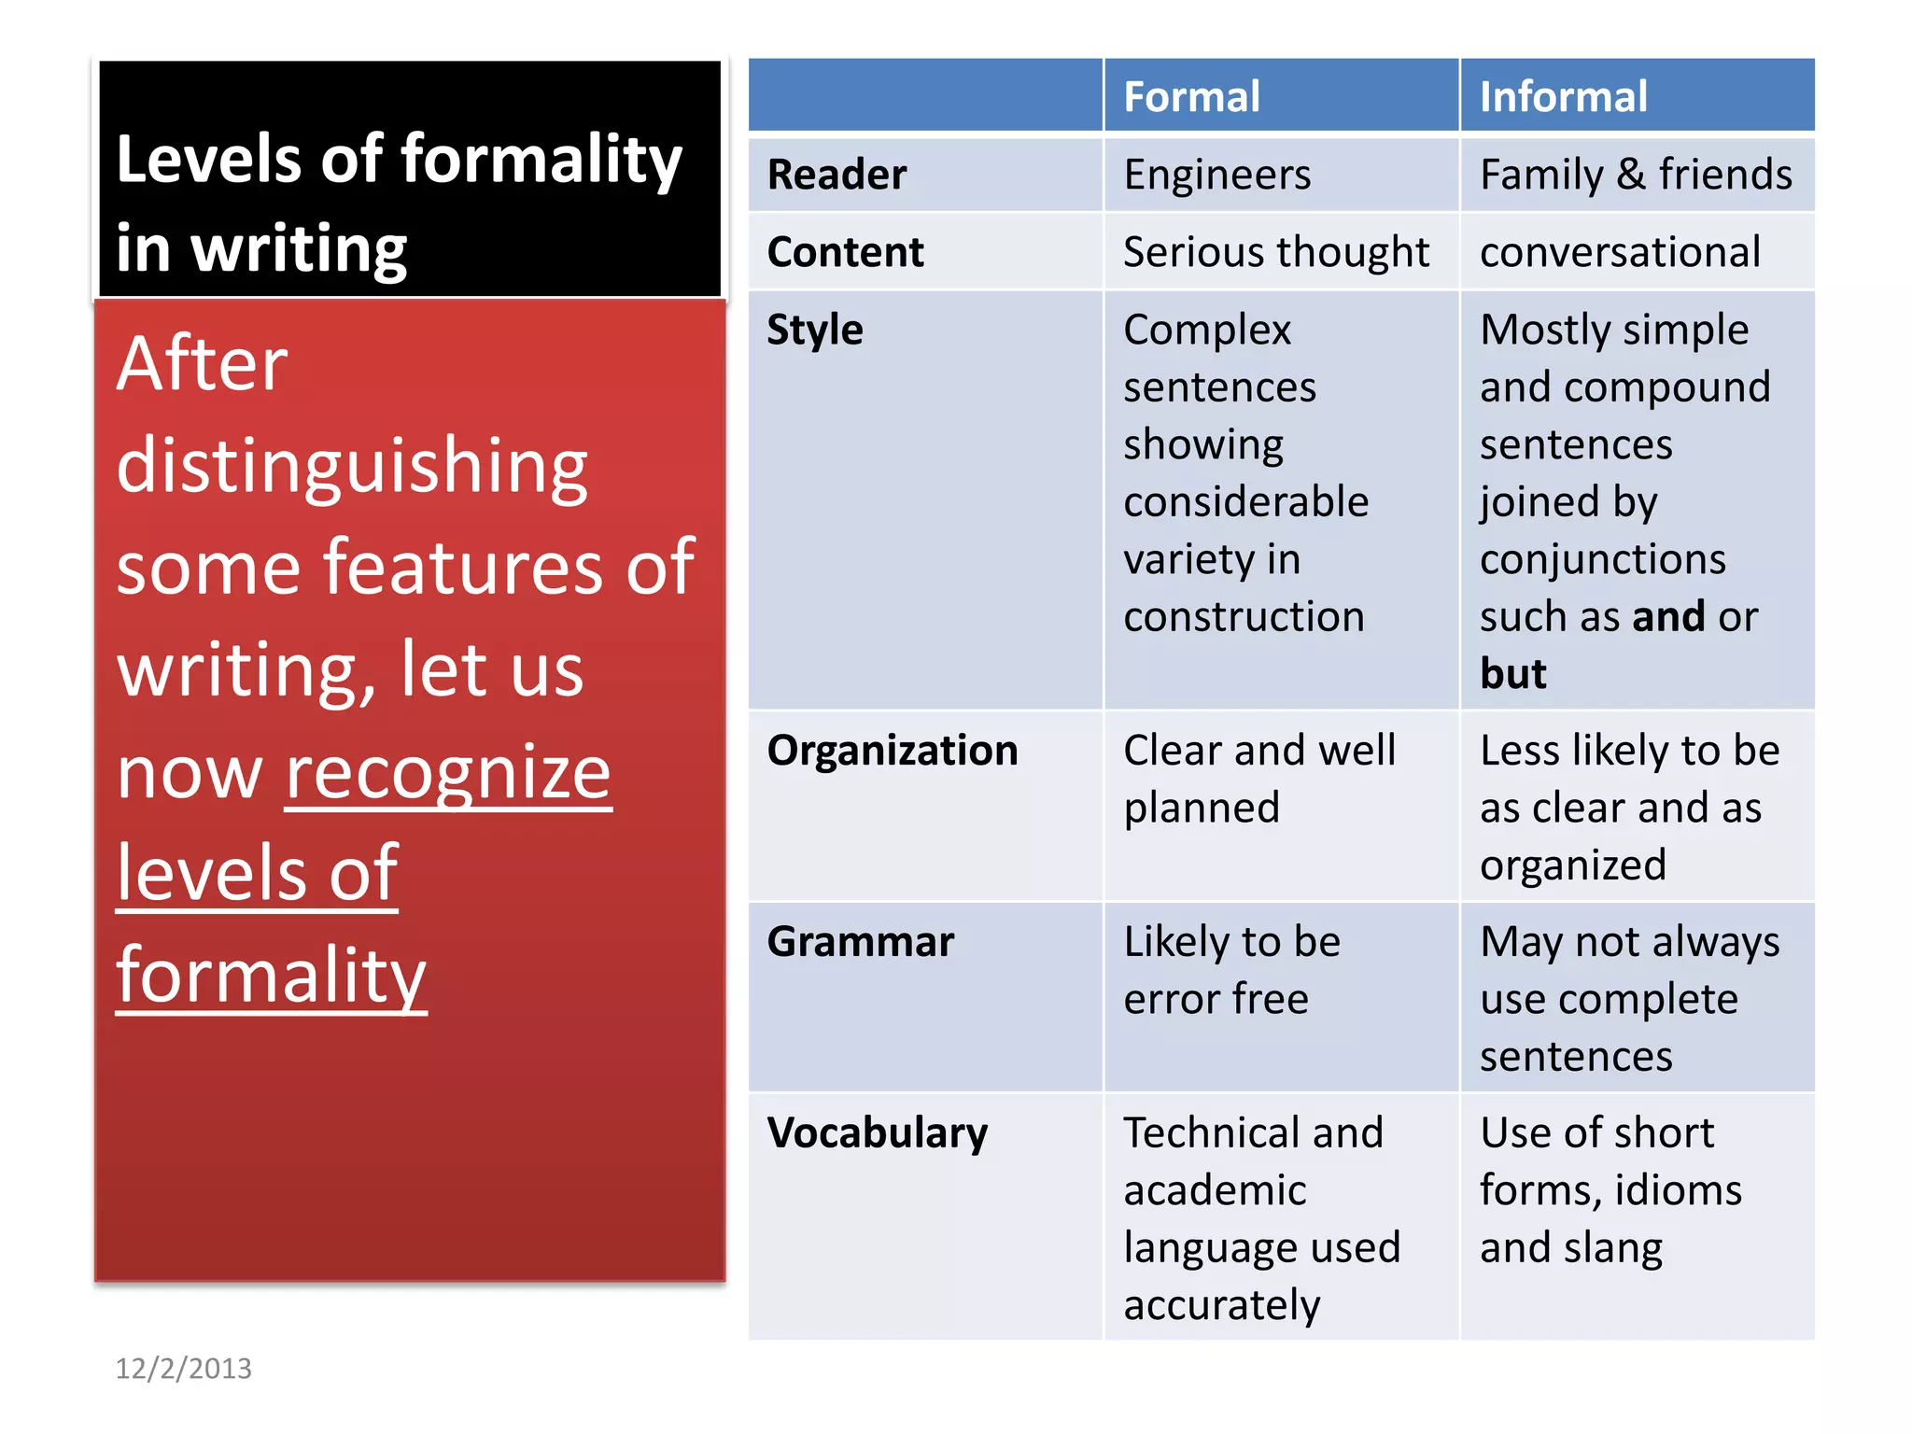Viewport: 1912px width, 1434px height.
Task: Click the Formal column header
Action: coord(1191,97)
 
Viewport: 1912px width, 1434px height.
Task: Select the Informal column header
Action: coord(1563,97)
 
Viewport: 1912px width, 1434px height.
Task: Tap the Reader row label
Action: coord(836,175)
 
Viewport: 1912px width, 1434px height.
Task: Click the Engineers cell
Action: coord(1217,175)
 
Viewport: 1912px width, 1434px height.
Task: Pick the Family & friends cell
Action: coord(1636,175)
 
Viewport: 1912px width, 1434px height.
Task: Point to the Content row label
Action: coord(845,252)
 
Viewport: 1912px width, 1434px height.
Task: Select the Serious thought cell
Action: coord(1275,252)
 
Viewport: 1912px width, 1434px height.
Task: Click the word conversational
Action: coord(1620,252)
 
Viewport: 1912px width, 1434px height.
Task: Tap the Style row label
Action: coord(815,330)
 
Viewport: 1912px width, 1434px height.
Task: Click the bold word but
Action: coord(1512,674)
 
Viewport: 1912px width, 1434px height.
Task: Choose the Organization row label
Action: coord(892,751)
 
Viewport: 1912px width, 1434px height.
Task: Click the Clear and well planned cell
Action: coord(1258,779)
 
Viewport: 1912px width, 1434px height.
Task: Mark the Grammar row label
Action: coord(860,942)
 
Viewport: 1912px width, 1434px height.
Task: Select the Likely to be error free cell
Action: coord(1231,970)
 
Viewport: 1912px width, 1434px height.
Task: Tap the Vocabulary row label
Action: coord(877,1133)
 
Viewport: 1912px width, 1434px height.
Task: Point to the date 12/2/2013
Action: coord(183,1369)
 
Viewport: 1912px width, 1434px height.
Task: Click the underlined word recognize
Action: coord(448,773)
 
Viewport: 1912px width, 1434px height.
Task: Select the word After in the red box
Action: coord(202,364)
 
